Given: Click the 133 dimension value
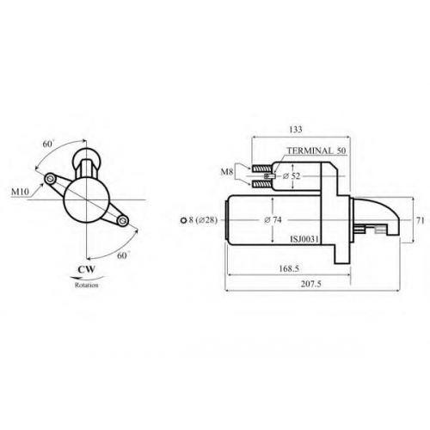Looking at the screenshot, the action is [296, 130].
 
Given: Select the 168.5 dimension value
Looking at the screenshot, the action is [289, 268].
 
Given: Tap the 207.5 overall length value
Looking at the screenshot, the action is [311, 284].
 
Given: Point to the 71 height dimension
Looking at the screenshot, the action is [421, 220].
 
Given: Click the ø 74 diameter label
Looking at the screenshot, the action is [273, 220].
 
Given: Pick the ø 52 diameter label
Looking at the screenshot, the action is [291, 176].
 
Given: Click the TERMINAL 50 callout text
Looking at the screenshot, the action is [316, 150].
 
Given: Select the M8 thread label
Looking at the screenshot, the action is [226, 172].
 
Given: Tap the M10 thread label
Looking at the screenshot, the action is [20, 192].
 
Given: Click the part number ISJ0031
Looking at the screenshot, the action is [304, 239].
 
